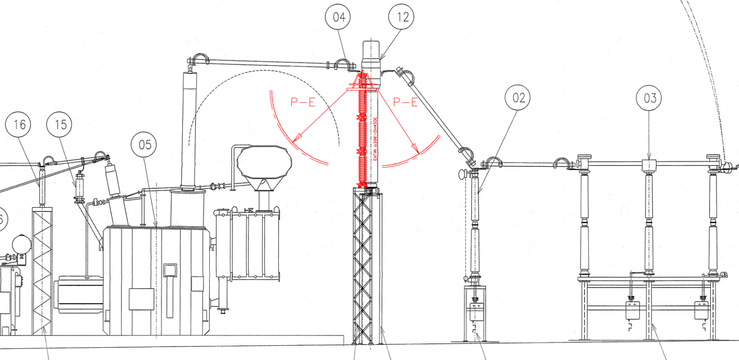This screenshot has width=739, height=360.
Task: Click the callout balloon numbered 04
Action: pos(339,17)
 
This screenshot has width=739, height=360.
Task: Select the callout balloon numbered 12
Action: pos(401,17)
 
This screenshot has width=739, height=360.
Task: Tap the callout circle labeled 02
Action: pos(518,98)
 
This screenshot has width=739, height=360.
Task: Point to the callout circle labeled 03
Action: pos(649,98)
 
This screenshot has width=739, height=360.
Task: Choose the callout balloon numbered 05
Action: pos(144,145)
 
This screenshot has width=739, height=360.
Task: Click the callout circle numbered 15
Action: pos(60,124)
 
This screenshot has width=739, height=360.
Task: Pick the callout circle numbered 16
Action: pos(18,124)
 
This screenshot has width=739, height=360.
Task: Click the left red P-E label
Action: pos(303,102)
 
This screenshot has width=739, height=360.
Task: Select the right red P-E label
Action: pos(405,102)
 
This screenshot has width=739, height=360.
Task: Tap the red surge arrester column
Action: pos(363,129)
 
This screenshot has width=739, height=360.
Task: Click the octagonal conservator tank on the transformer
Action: pos(264,162)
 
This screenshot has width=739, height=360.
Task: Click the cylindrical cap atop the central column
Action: pos(370,50)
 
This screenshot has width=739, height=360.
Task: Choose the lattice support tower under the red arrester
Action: pos(363,268)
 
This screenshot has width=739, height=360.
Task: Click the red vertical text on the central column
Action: pos(375,139)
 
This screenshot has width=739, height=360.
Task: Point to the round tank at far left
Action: pos(21,244)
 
